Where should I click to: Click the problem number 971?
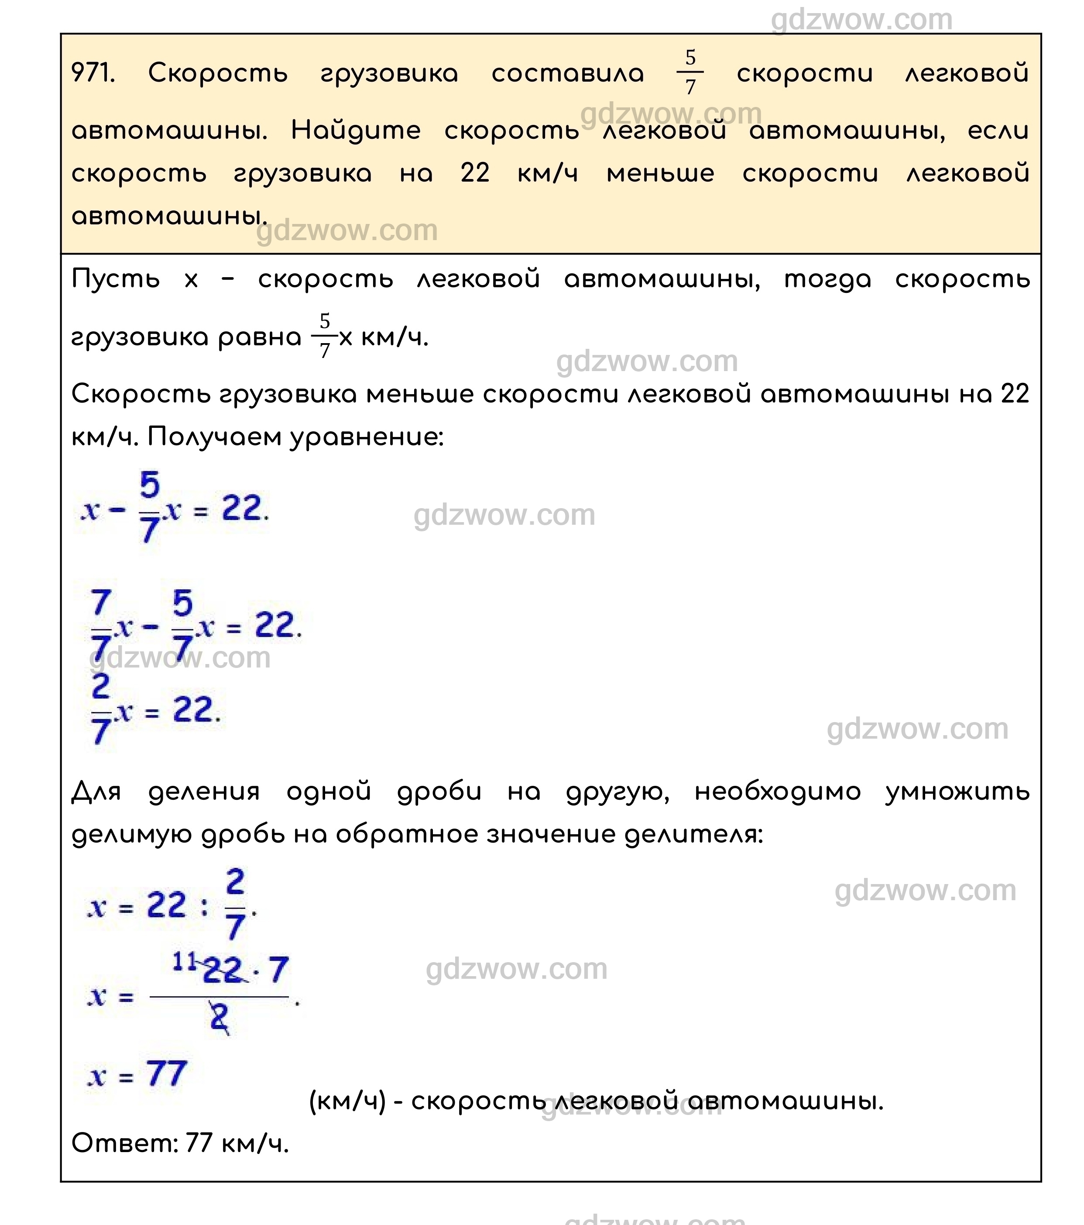(x=93, y=73)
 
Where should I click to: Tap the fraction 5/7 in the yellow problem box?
(x=690, y=72)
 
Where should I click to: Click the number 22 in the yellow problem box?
(x=475, y=173)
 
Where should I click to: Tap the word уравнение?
(x=366, y=437)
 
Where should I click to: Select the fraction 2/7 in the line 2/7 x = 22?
(x=101, y=709)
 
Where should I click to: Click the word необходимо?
(x=777, y=791)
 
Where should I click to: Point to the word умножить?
(x=957, y=791)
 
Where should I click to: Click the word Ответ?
(x=124, y=1143)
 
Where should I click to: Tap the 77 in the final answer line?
(x=199, y=1143)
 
